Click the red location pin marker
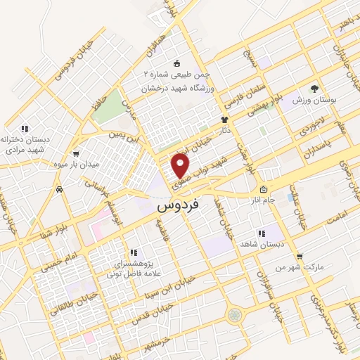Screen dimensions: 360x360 coord(181,165)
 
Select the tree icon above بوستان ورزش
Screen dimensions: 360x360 coord(314,89)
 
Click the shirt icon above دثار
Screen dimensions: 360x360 coord(224,120)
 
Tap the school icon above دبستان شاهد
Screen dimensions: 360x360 coord(260,233)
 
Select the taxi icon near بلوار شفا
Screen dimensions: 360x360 coord(60,190)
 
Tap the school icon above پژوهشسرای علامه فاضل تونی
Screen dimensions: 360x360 coord(132,252)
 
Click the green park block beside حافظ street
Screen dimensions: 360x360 coord(106,105)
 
